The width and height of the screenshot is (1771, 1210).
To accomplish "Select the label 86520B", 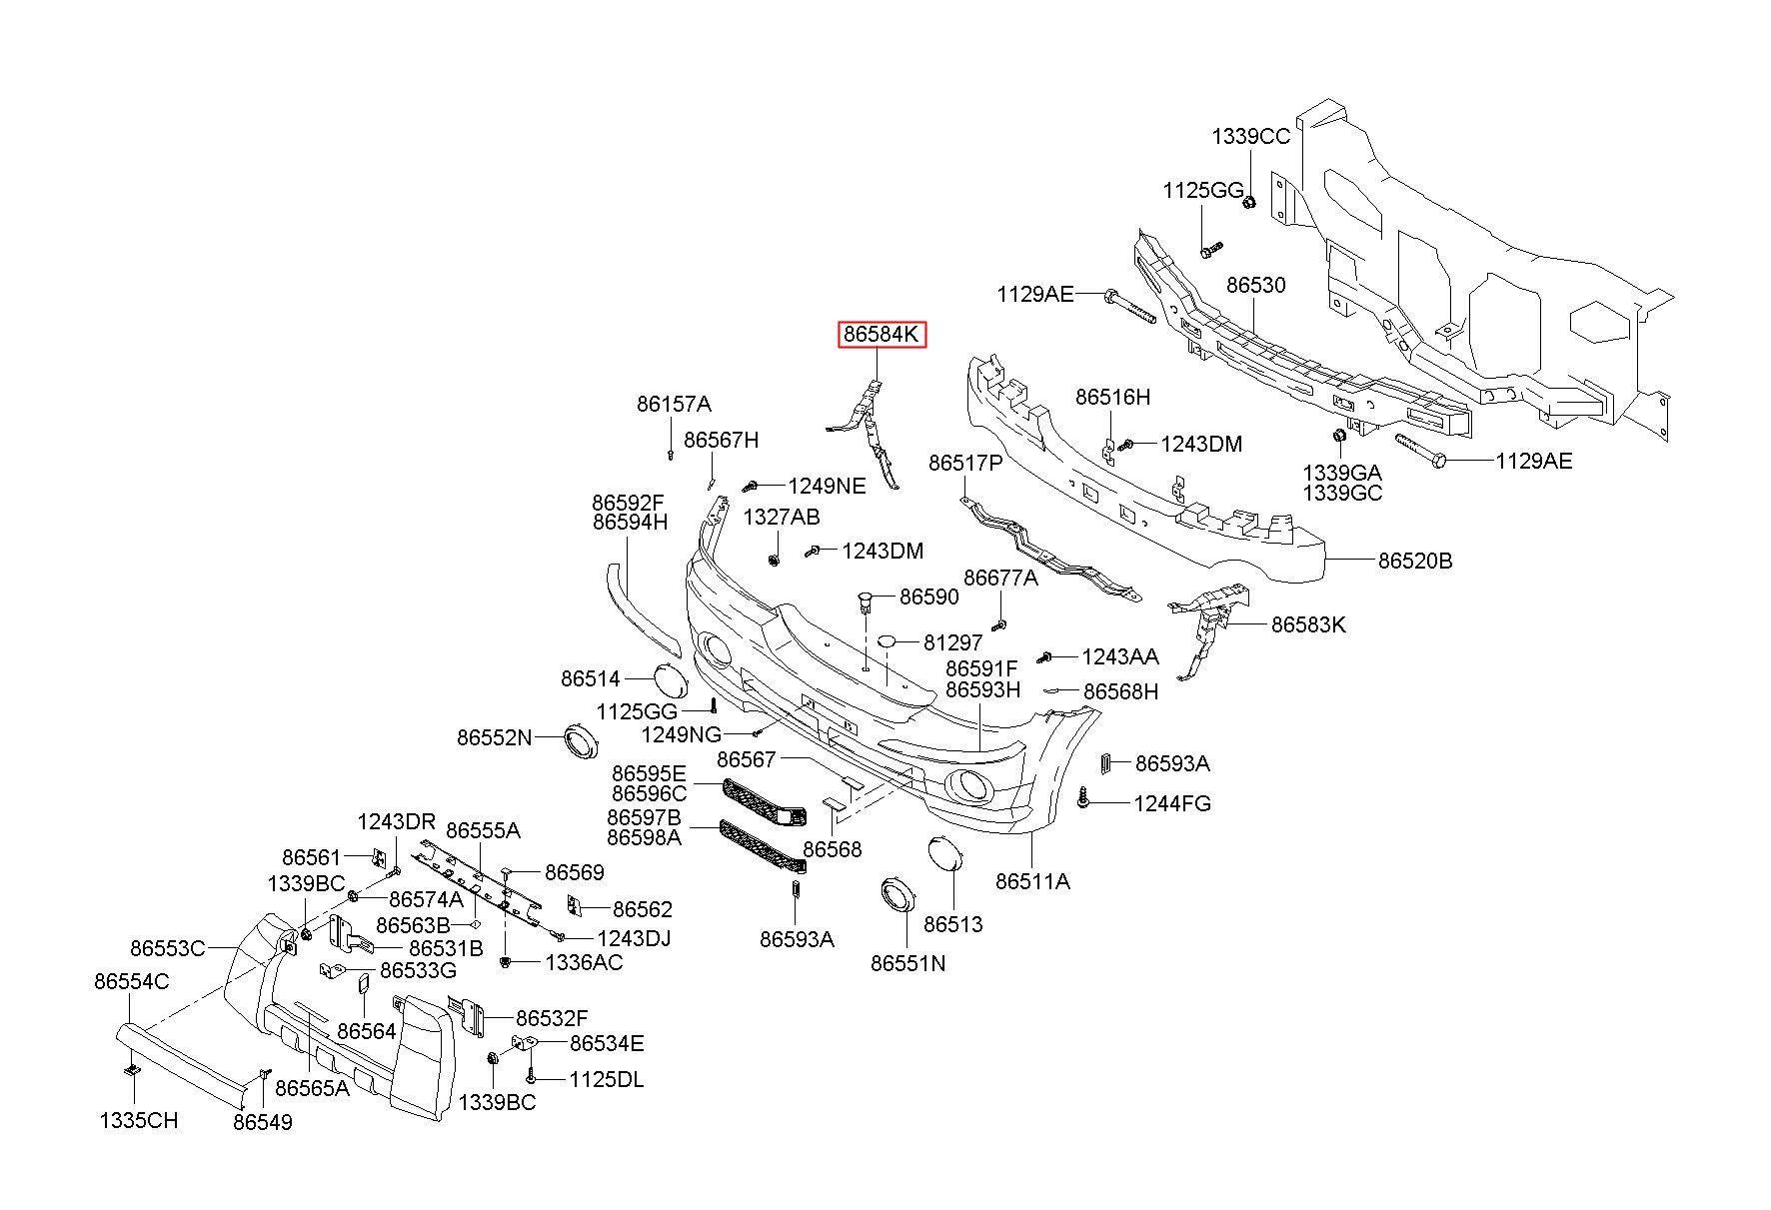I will (1414, 561).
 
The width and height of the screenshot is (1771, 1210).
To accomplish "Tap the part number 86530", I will (1255, 285).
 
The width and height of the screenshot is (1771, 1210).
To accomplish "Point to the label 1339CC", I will (1250, 136).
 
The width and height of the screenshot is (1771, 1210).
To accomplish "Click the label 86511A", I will (1032, 881).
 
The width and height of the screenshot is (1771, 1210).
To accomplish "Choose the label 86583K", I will (1307, 625).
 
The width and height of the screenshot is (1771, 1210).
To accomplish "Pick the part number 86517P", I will (964, 464).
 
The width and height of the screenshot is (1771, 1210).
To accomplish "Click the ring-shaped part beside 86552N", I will (581, 740).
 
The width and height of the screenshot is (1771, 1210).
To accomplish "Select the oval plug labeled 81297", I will (890, 642).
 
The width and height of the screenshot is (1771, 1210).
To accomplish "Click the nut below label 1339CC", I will (1248, 203).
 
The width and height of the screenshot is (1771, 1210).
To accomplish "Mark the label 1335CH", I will (138, 1120).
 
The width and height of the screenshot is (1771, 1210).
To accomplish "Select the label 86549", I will (263, 1122).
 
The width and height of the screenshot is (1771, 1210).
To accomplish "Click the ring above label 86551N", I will (896, 894).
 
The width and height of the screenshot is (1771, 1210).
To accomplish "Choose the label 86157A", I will (673, 405).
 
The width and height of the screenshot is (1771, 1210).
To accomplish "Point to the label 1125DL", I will (607, 1080).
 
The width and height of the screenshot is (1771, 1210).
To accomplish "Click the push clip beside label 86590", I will (867, 602).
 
